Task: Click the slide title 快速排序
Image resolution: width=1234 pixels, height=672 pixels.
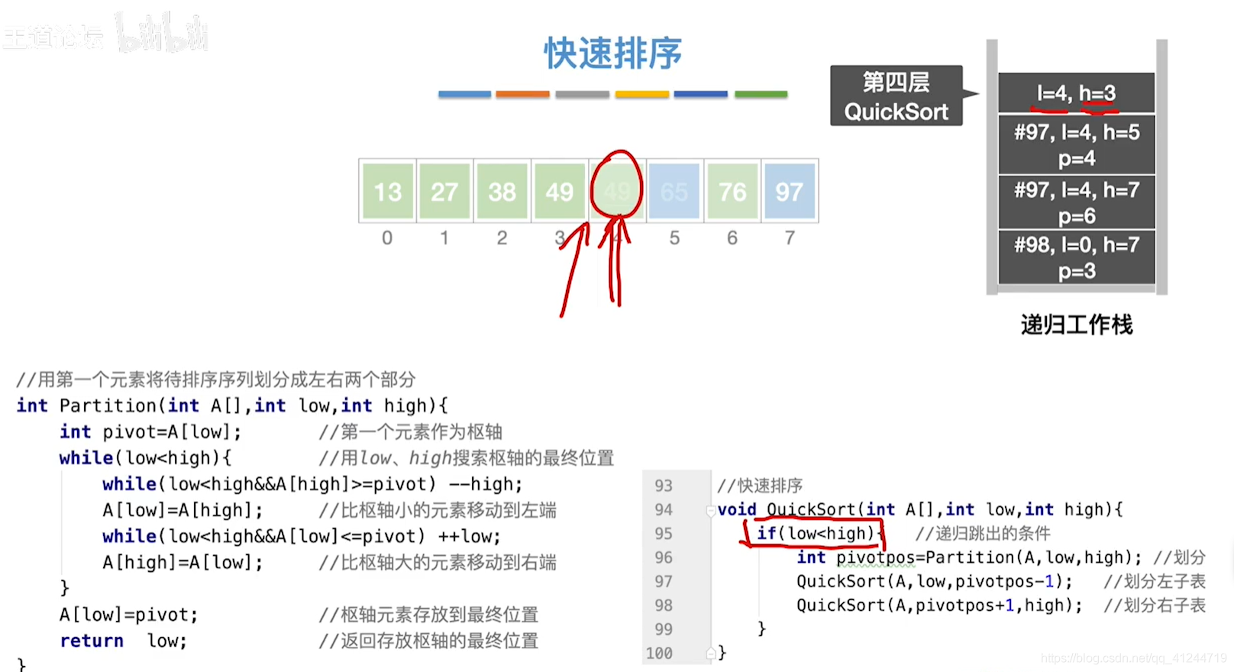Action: [612, 53]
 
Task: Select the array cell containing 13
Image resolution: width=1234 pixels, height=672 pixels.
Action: [388, 191]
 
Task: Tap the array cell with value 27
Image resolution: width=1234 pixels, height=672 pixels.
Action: [444, 191]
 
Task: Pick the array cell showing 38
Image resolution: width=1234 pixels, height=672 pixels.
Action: [502, 191]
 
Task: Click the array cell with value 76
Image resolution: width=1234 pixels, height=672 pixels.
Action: [732, 191]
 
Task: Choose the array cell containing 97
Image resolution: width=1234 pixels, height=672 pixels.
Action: [790, 191]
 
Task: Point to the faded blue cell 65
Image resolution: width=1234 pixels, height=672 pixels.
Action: [674, 191]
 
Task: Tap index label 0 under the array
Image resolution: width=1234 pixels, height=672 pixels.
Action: [387, 238]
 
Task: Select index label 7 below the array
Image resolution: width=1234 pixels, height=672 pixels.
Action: [790, 238]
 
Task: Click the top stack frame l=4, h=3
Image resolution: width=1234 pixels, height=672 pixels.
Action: [1076, 93]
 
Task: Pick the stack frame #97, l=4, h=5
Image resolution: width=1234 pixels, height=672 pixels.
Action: [1076, 144]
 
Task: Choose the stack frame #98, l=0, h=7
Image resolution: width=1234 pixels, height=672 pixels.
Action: [1076, 257]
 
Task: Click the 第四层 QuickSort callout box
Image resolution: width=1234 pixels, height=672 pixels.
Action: [896, 96]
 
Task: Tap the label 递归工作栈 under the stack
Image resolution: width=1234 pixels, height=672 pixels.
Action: [1076, 325]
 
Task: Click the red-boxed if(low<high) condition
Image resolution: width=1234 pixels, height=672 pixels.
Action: [815, 533]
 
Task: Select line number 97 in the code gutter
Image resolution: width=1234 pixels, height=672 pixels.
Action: [663, 582]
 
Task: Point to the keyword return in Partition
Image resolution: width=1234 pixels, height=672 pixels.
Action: [92, 641]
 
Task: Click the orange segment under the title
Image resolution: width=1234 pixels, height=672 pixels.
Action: [522, 95]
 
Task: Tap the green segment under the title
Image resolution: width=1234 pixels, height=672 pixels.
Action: [761, 95]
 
